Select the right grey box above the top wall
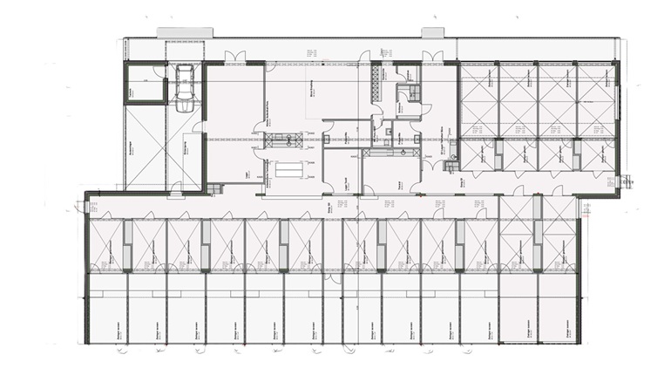pyautogui.click(x=433, y=33)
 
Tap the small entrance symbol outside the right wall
pyautogui.click(x=625, y=181)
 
